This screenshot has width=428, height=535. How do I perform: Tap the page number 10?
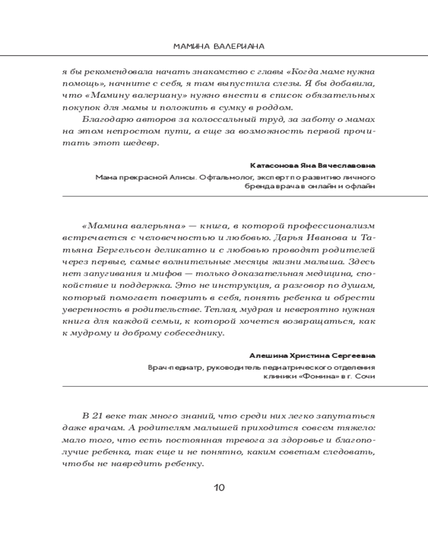tap(219, 487)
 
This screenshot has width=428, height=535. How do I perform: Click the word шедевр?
tap(142, 144)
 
